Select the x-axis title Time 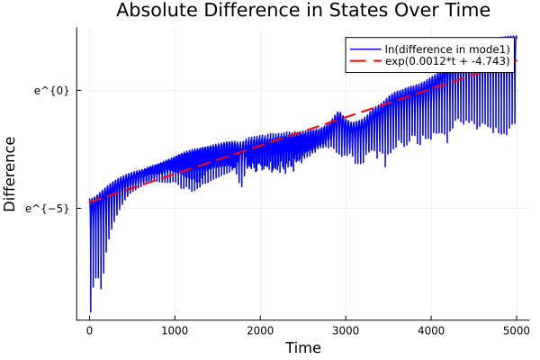pyautogui.click(x=302, y=347)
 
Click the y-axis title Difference pyautogui.click(x=11, y=174)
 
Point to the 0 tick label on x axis pyautogui.click(x=89, y=329)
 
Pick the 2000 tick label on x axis pyautogui.click(x=260, y=329)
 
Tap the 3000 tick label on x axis pyautogui.click(x=346, y=329)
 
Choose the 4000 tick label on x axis pyautogui.click(x=431, y=329)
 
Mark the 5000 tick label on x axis pyautogui.click(x=517, y=329)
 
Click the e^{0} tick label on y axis pyautogui.click(x=51, y=90)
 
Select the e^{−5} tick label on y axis pyautogui.click(x=49, y=208)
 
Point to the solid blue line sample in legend pyautogui.click(x=364, y=49)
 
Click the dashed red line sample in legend pyautogui.click(x=364, y=61)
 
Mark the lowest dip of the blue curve pyautogui.click(x=90, y=311)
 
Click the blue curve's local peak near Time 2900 pyautogui.click(x=337, y=113)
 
